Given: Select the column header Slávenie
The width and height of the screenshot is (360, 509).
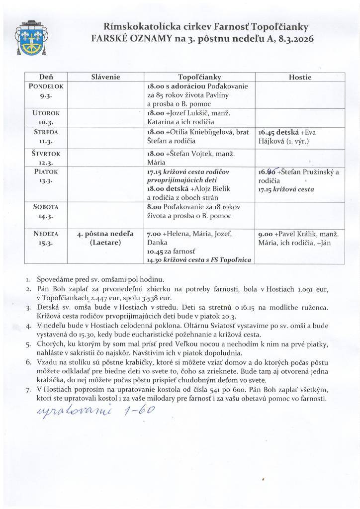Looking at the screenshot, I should [x=106, y=77].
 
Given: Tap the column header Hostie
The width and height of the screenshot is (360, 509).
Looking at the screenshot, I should [x=300, y=77].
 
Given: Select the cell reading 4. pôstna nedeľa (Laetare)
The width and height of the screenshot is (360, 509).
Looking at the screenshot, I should [x=106, y=238].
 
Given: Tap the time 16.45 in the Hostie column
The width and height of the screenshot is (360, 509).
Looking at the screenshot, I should [x=268, y=133].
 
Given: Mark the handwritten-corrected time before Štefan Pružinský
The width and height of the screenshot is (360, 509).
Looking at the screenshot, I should [x=268, y=172].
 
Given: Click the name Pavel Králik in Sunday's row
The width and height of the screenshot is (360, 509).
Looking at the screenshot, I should [x=296, y=234].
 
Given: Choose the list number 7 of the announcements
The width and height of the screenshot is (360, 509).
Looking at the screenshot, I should [x=28, y=390].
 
